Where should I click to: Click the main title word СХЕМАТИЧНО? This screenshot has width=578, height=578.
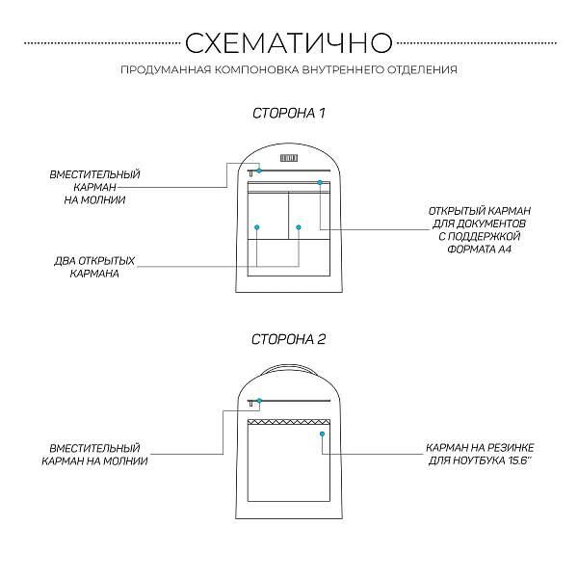(x=288, y=42)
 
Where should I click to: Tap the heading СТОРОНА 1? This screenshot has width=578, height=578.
(x=289, y=114)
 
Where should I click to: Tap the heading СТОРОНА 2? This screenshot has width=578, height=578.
(x=289, y=339)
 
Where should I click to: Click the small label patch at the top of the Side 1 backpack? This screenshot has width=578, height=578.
(x=289, y=157)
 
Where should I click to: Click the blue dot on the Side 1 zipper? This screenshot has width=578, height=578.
(x=258, y=171)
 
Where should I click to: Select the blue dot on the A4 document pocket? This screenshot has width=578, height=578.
(x=320, y=182)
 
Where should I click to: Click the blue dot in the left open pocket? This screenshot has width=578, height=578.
(x=257, y=226)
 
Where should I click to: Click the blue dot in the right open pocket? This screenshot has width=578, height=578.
(x=299, y=226)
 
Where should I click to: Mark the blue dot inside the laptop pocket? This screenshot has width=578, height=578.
(x=322, y=434)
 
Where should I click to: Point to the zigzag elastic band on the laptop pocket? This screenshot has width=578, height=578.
(x=289, y=422)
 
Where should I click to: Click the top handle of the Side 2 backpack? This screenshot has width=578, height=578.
(x=289, y=366)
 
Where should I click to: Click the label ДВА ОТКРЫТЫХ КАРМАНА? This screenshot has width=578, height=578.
(x=94, y=267)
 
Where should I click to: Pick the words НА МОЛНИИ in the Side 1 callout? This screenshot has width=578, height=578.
(x=95, y=200)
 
